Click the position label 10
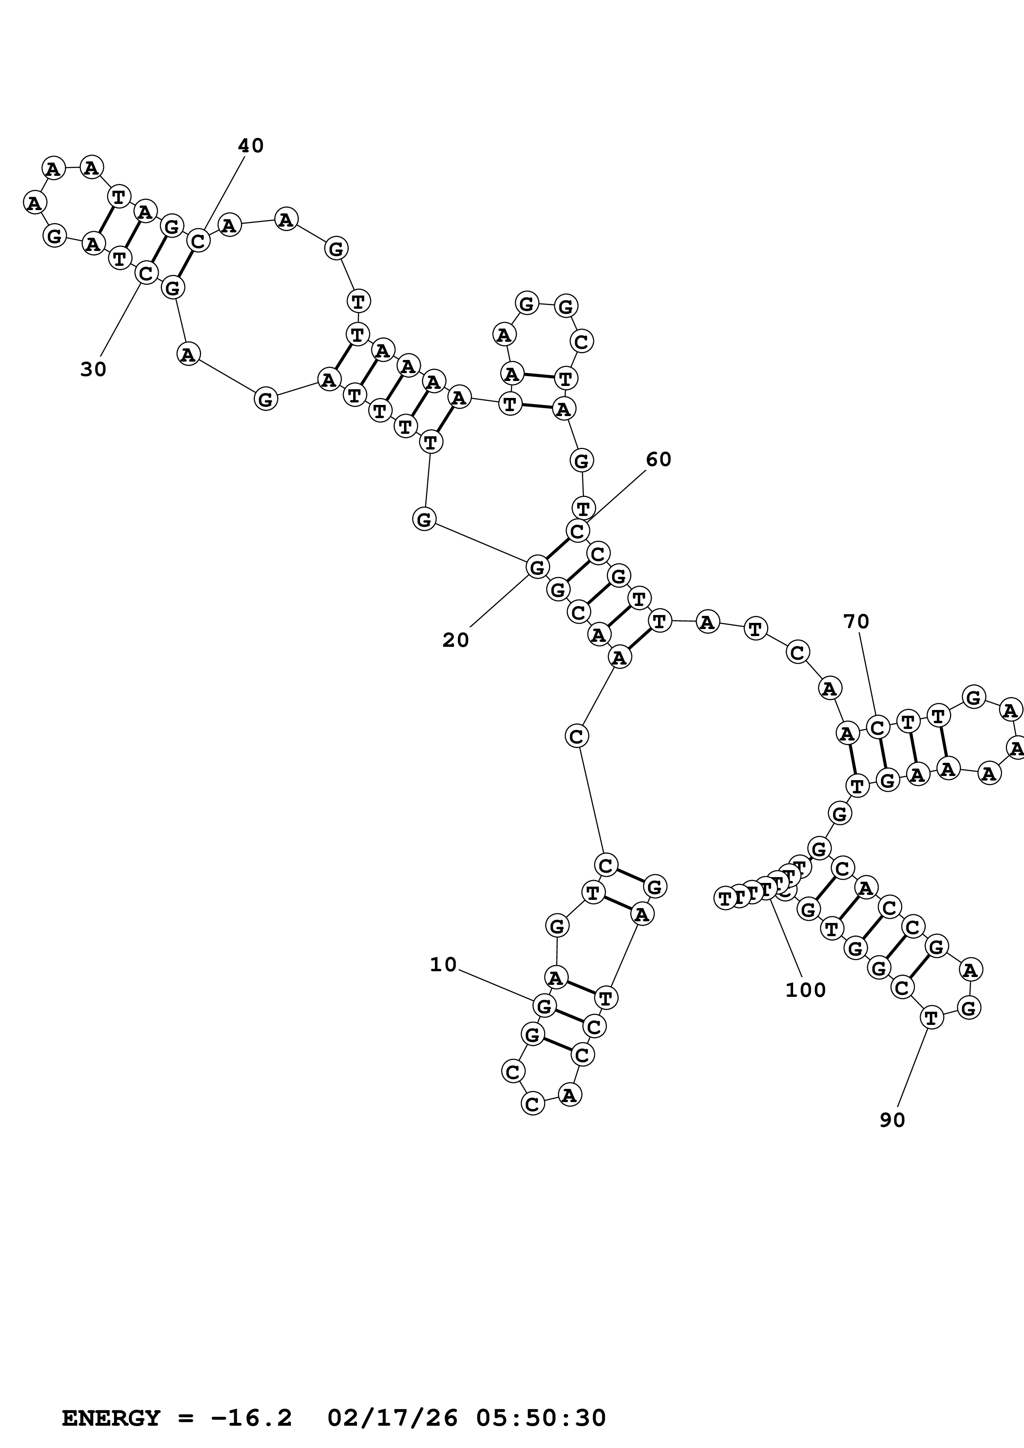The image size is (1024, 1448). click(x=443, y=964)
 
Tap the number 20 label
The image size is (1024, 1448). click(x=456, y=640)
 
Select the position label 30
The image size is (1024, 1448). click(x=93, y=369)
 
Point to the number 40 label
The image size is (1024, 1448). click(x=250, y=146)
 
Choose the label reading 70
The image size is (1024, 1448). click(x=856, y=622)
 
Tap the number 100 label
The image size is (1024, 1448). click(x=805, y=990)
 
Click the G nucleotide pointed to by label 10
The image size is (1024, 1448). click(x=544, y=1006)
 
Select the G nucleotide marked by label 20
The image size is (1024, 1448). click(x=537, y=567)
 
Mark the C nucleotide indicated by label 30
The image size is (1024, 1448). click(x=146, y=273)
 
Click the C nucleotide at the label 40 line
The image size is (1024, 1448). click(x=198, y=240)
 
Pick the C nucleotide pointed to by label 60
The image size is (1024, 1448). click(x=577, y=531)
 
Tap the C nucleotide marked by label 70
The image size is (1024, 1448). click(x=877, y=727)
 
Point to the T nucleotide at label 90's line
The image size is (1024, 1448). click(x=931, y=1017)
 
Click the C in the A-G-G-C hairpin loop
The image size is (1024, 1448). click(x=581, y=341)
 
